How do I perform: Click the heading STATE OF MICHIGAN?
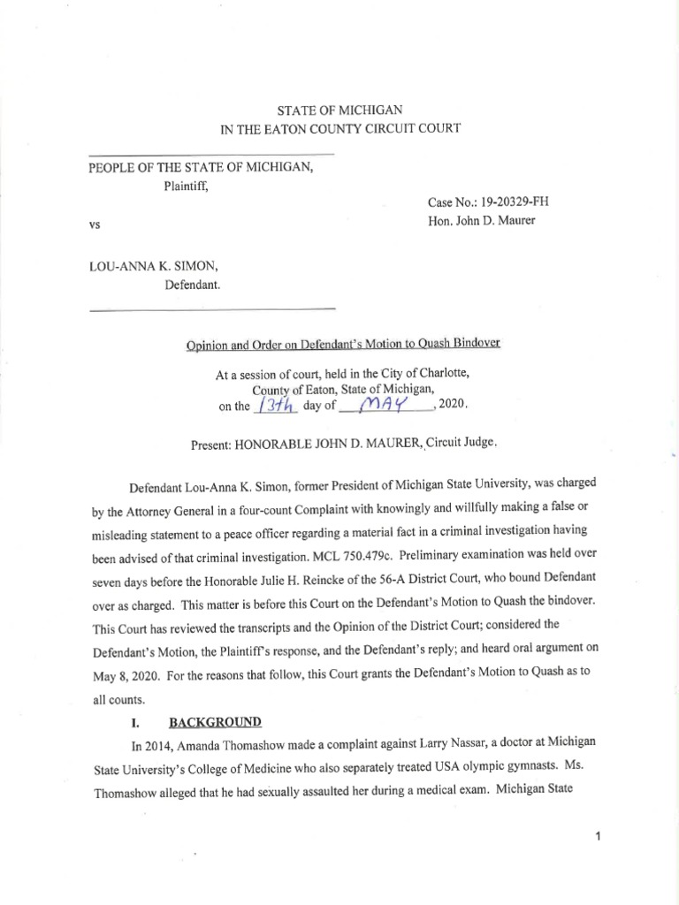tap(340, 110)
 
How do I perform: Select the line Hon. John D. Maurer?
tap(481, 221)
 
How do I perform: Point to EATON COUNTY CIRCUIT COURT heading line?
tap(340, 129)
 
